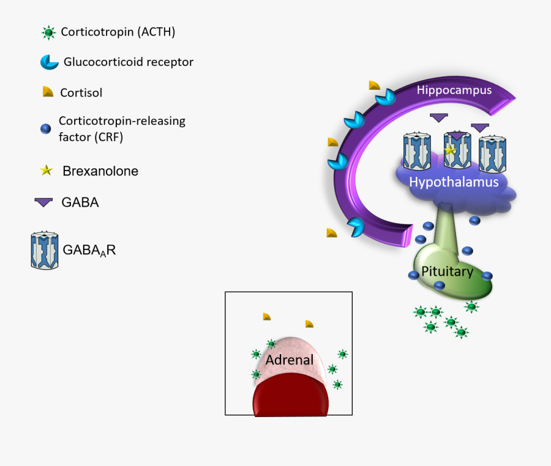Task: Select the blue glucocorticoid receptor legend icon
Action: click(48, 62)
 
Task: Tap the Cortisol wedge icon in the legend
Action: click(47, 92)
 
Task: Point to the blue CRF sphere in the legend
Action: click(45, 129)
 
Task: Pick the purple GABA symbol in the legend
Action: click(43, 202)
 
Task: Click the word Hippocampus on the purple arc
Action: click(454, 91)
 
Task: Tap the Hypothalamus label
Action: click(454, 182)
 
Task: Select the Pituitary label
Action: click(447, 272)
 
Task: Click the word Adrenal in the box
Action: click(290, 360)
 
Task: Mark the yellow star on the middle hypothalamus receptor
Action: click(451, 150)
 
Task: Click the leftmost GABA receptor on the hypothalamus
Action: click(418, 152)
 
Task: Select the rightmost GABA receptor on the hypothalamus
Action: click(493, 153)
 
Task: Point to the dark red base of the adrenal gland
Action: click(291, 398)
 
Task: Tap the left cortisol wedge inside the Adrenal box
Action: click(266, 316)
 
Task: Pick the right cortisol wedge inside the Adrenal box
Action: click(310, 324)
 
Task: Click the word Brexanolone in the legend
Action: click(100, 171)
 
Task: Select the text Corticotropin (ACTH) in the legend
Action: click(118, 32)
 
